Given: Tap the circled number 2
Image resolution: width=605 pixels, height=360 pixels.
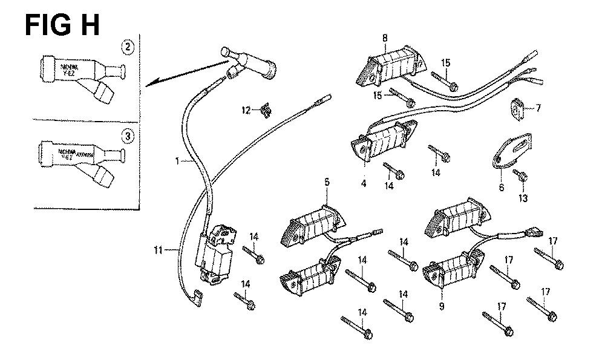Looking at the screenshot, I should click(128, 47).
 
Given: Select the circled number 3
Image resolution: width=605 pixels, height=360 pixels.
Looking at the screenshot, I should click(128, 137).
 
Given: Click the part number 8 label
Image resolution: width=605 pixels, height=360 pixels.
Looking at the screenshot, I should click(385, 39).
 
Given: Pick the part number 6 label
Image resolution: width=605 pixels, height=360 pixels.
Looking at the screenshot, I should click(501, 188).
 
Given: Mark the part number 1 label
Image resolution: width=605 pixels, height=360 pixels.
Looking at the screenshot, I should click(177, 161).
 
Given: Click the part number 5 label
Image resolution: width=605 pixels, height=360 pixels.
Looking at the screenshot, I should click(326, 181).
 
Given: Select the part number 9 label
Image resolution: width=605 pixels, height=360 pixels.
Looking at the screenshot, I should click(441, 307).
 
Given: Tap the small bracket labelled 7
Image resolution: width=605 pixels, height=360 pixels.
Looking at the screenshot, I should click(516, 108).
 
